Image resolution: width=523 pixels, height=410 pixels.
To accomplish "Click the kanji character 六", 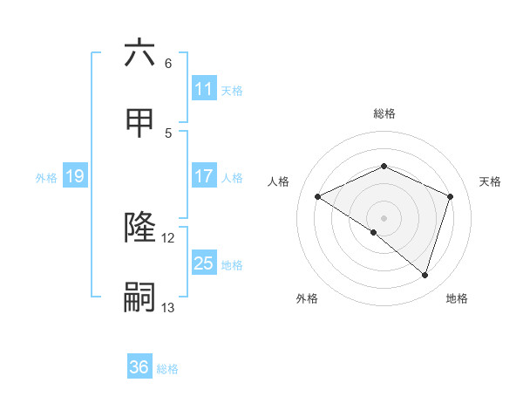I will [x=139, y=53].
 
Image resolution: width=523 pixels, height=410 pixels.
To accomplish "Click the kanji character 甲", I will [x=139, y=123].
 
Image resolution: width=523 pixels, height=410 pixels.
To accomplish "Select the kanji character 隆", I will [x=139, y=228].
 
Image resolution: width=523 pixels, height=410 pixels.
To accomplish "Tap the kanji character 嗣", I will [x=139, y=297].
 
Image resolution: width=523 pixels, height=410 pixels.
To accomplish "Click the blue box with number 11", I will [x=204, y=89].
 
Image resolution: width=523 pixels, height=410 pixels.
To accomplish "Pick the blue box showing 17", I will [x=204, y=176].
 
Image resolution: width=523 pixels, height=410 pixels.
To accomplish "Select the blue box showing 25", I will [x=204, y=263].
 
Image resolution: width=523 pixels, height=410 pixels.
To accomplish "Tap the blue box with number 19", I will [x=75, y=176].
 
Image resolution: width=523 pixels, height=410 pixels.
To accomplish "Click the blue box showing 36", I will [x=139, y=367].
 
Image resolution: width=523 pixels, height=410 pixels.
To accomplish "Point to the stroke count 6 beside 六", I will [x=168, y=64].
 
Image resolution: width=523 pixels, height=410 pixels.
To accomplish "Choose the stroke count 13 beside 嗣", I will [x=168, y=308].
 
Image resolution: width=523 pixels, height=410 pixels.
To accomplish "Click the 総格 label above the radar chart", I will [x=384, y=113].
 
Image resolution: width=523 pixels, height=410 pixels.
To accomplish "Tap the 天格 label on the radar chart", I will [x=490, y=181].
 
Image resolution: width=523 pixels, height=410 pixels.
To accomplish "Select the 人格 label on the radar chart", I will [x=279, y=181].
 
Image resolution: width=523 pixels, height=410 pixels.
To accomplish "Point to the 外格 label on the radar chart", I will [x=307, y=298].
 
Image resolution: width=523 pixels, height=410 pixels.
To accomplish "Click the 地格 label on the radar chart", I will [x=457, y=298].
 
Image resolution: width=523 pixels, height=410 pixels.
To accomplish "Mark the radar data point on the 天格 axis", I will [x=450, y=196].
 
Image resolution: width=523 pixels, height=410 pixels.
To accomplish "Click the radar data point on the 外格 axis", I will [x=374, y=232].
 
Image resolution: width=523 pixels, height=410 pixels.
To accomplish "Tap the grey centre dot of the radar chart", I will [x=384, y=217].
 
